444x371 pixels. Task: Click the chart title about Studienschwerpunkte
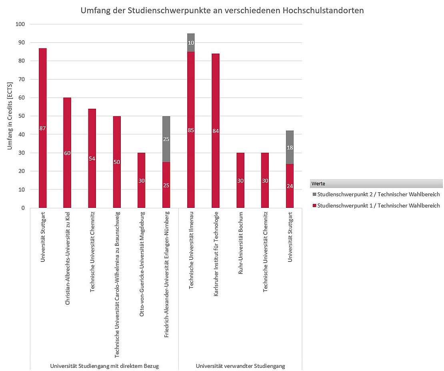[x=222, y=11]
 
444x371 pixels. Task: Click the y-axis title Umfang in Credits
[x=10, y=116]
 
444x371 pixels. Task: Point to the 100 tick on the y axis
[x=20, y=24]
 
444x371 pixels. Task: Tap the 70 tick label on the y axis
[x=21, y=80]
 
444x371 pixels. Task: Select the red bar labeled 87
[x=43, y=128]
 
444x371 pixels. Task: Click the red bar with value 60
[x=67, y=153]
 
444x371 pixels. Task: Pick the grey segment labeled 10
[x=191, y=43]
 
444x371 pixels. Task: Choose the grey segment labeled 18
[x=290, y=148]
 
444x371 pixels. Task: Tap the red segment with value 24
[x=290, y=186]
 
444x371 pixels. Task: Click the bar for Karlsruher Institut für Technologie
[x=216, y=131]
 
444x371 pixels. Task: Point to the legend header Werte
[x=319, y=184]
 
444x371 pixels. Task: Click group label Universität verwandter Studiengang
[x=240, y=366]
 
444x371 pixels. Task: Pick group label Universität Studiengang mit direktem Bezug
[x=104, y=366]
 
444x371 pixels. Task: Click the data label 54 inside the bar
[x=92, y=158]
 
